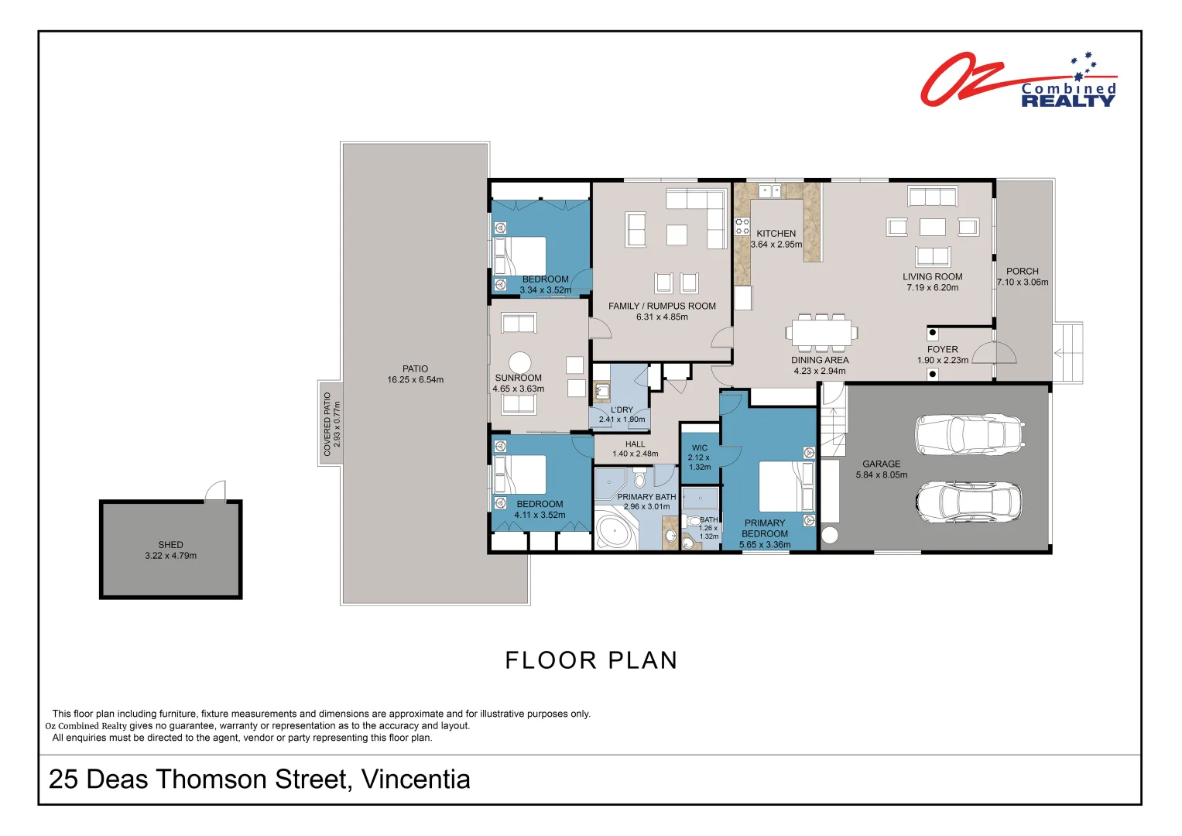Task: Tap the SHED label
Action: pos(170,545)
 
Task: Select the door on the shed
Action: pos(215,491)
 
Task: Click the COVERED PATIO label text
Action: pos(327,424)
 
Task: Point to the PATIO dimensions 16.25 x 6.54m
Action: pos(415,380)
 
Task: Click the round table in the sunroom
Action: pos(519,362)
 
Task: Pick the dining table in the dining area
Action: pos(821,333)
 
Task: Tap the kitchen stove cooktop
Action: pos(742,226)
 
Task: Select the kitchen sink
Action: pos(770,191)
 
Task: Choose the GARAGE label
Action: pos(881,464)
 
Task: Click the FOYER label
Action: pos(943,349)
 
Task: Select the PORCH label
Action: pos(1022,271)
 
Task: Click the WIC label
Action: pos(700,448)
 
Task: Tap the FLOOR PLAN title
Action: pos(591,660)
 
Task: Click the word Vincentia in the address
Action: pos(415,779)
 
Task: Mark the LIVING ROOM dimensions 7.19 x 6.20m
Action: pos(933,288)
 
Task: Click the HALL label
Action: pos(636,444)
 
